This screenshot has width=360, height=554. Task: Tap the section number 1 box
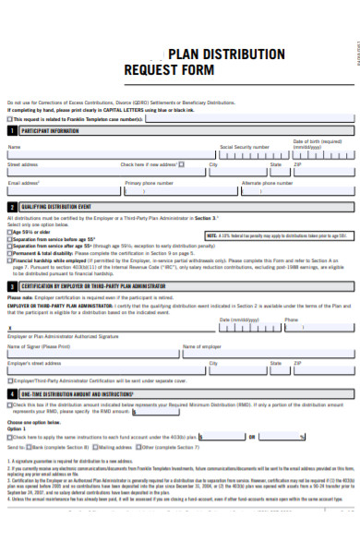click(x=12, y=131)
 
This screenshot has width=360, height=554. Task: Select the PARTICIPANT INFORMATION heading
click(x=50, y=131)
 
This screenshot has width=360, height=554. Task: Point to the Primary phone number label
click(x=149, y=183)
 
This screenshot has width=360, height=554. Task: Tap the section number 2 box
click(x=12, y=207)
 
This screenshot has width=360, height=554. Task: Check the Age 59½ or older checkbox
click(x=10, y=232)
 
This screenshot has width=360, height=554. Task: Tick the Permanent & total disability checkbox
click(x=10, y=254)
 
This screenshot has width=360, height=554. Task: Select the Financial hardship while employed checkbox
click(x=10, y=261)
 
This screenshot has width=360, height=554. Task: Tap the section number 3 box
click(x=12, y=286)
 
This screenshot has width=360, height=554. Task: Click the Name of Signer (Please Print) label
click(x=39, y=346)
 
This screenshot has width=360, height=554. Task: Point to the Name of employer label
click(x=202, y=346)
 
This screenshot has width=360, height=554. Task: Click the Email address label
click(x=24, y=183)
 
